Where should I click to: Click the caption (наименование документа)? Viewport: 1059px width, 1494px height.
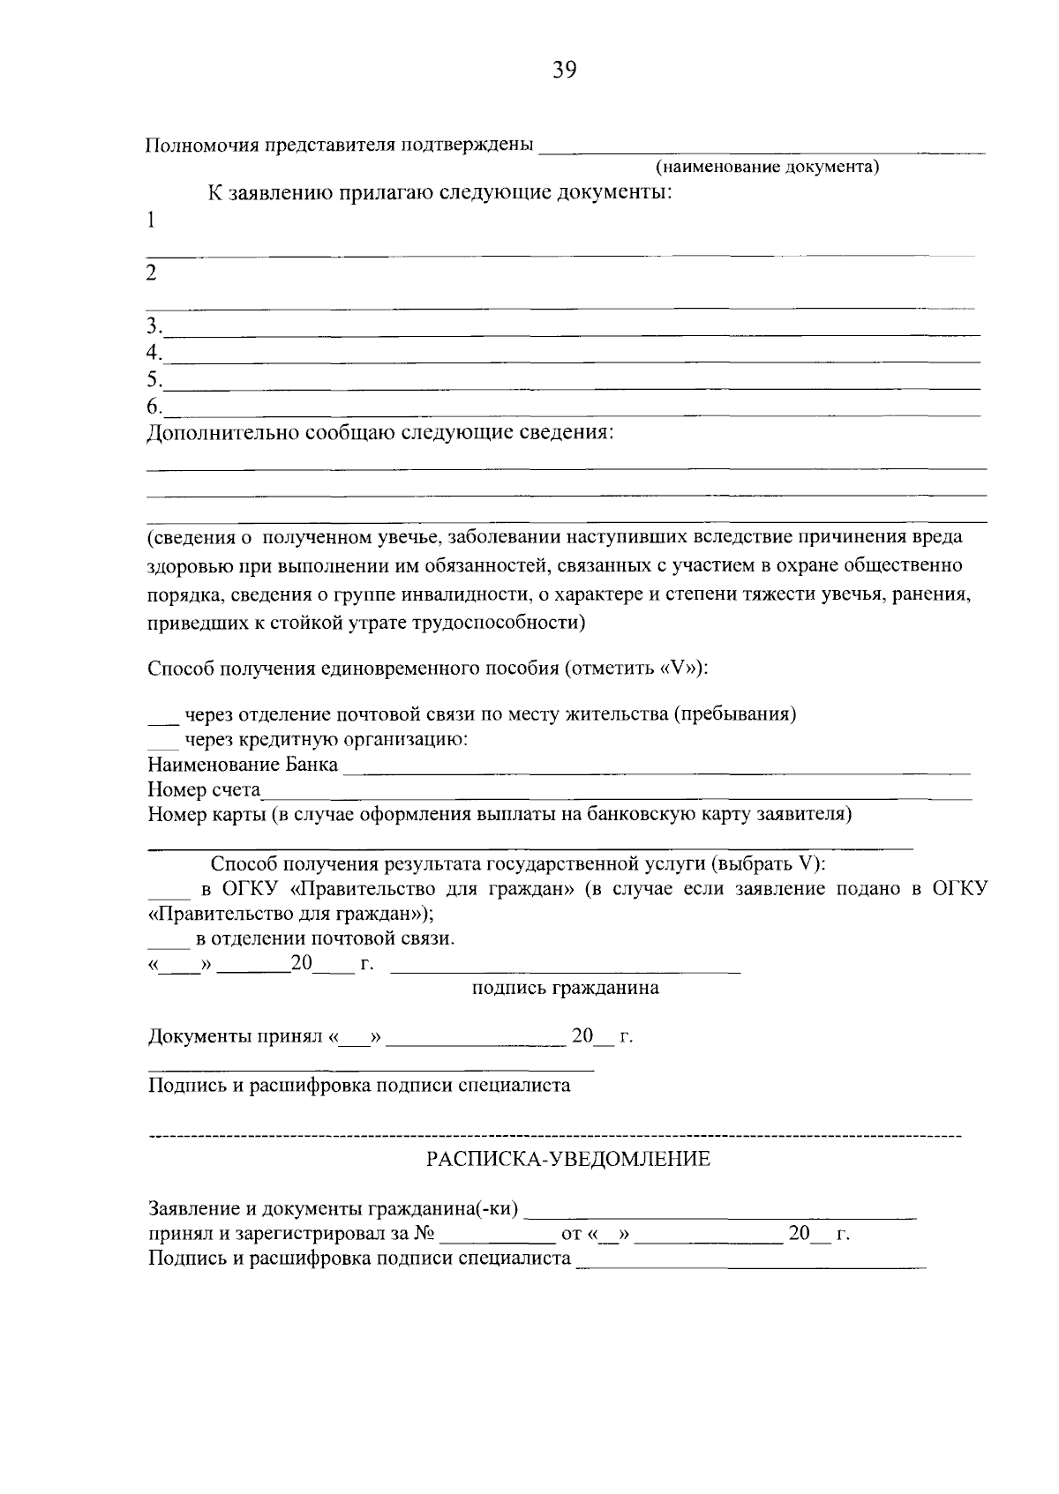pyautogui.click(x=767, y=168)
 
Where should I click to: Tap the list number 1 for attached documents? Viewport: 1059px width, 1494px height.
pyautogui.click(x=152, y=220)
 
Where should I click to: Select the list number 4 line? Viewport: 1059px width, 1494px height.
pyautogui.click(x=154, y=354)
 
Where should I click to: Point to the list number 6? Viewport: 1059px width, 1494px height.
pyautogui.click(x=154, y=407)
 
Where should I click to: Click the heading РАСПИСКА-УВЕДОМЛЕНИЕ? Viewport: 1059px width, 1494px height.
pyautogui.click(x=567, y=1159)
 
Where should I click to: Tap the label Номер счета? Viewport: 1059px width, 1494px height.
pyautogui.click(x=204, y=789)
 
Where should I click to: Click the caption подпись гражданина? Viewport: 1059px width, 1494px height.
pyautogui.click(x=565, y=988)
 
